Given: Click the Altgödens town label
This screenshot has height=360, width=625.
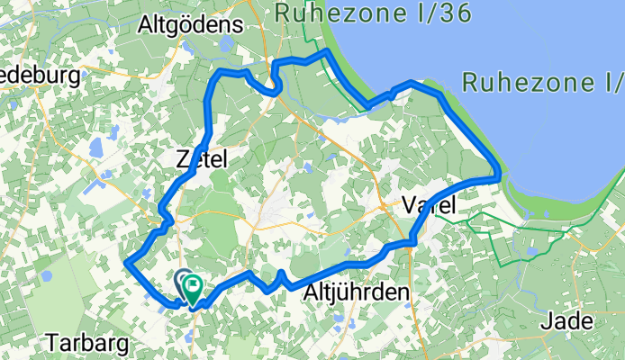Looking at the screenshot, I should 179,27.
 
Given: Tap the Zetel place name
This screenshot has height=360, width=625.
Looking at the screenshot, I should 203,159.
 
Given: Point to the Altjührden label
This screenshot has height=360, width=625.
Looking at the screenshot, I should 358,292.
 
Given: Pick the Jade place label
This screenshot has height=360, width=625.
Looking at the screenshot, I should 568,321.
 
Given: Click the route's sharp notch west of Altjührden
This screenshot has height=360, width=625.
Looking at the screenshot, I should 281,274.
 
